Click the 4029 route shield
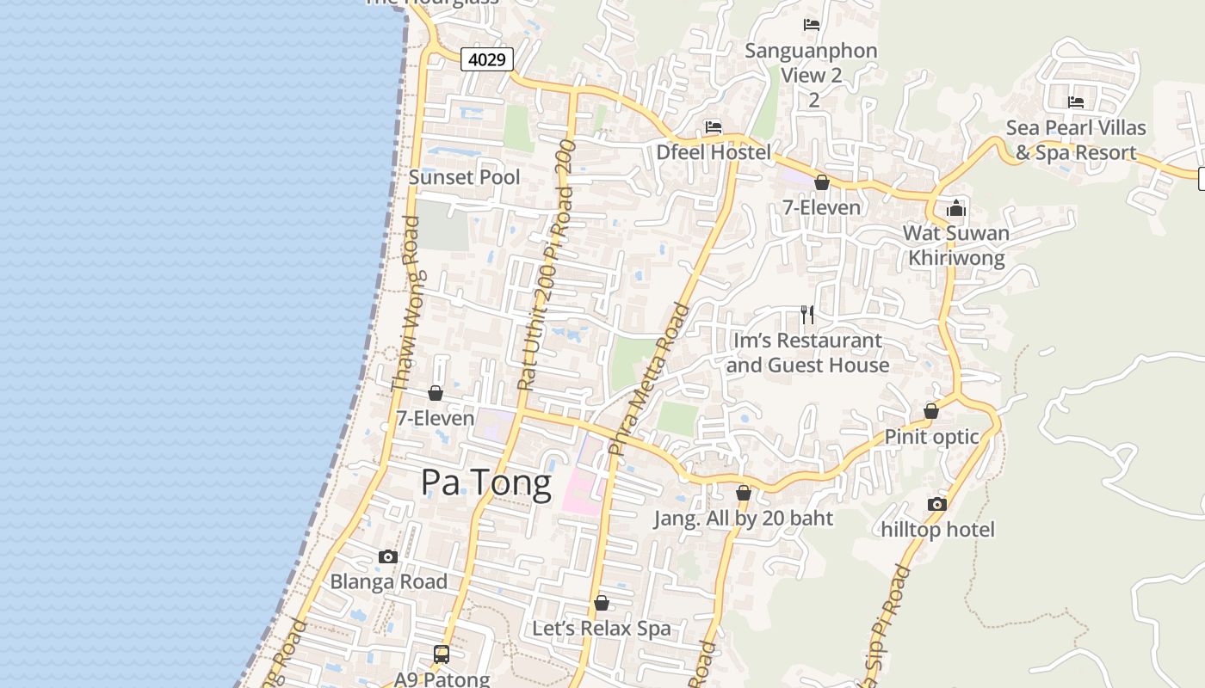coord(487,59)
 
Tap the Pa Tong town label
coord(485,483)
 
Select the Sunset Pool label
coord(464,177)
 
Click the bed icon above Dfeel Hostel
coord(714,127)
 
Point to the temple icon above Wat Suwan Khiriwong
coord(956,208)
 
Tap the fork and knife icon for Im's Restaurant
coord(807,315)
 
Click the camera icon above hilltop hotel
coord(937,504)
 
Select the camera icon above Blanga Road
coord(388,556)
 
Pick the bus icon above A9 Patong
coord(442,654)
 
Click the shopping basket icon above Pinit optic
coord(931,411)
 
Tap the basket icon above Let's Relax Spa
coord(602,603)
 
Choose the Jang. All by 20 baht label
coord(744,519)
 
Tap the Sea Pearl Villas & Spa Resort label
coord(1076,140)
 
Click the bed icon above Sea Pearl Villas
coord(1076,102)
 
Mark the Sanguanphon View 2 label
coord(811,63)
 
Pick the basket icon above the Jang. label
coord(744,494)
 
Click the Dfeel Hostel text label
coord(714,153)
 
